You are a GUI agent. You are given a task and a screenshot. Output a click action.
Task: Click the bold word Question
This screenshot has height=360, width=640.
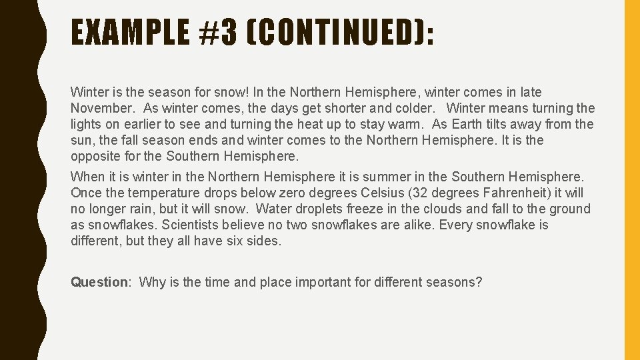(99, 282)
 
